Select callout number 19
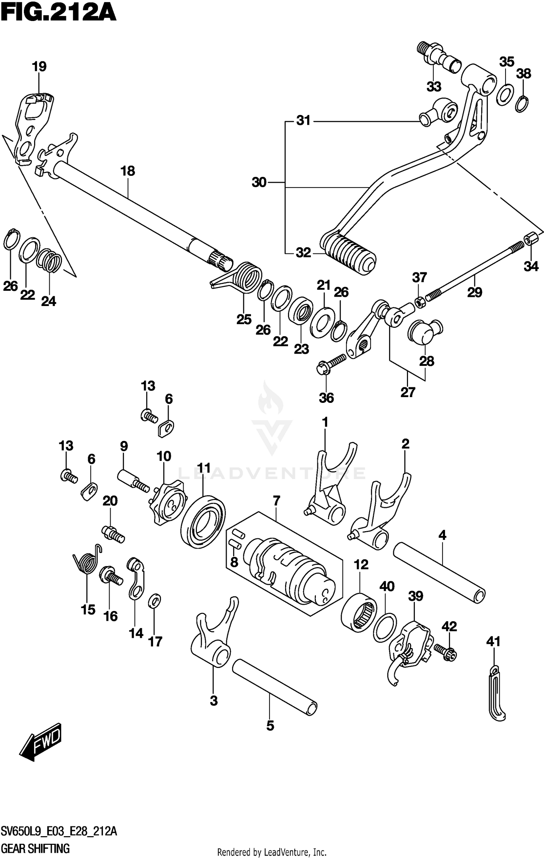point(39,67)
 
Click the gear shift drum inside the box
point(290,577)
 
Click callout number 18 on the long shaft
point(128,171)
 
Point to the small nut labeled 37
point(419,301)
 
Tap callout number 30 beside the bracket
point(259,182)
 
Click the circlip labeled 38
point(522,104)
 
